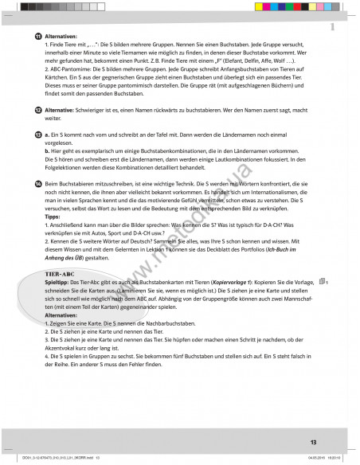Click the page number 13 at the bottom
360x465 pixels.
(313, 440)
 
